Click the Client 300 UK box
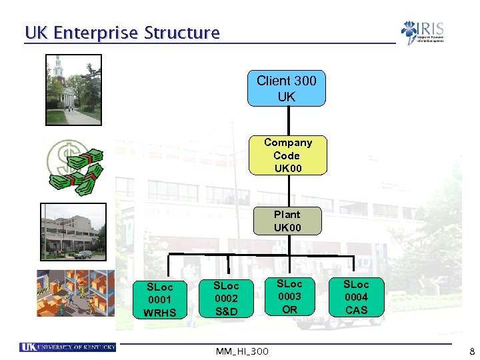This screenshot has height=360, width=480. pos(287,89)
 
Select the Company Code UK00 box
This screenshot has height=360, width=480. pos(287,155)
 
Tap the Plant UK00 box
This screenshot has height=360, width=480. pos(287,221)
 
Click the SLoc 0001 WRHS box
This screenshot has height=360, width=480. pos(160,300)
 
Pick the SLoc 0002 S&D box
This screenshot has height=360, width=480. pos(226,298)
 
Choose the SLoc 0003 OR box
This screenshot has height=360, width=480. pos(289,297)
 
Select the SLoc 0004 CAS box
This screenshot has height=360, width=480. pos(356,297)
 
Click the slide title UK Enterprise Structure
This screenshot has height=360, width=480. pos(122,33)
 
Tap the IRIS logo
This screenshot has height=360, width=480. pos(422,32)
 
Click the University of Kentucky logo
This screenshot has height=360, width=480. pos(68,347)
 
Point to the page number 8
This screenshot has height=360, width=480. pos(471,351)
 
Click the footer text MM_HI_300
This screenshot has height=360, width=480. pos(243,351)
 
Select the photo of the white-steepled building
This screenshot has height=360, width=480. pos(73,89)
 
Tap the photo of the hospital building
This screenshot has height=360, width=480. pos(73,231)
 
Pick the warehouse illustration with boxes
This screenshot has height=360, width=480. pos(71,293)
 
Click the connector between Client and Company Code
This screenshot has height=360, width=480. pos(287,121)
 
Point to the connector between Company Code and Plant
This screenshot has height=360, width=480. pos(287,191)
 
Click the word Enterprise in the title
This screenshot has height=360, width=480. pos(99,33)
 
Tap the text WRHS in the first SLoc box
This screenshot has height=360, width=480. pos(160,313)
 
